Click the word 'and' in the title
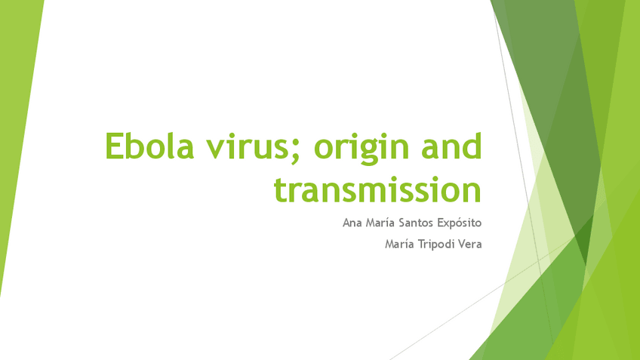click(x=450, y=146)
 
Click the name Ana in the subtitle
click(x=352, y=223)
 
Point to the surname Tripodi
click(x=438, y=244)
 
